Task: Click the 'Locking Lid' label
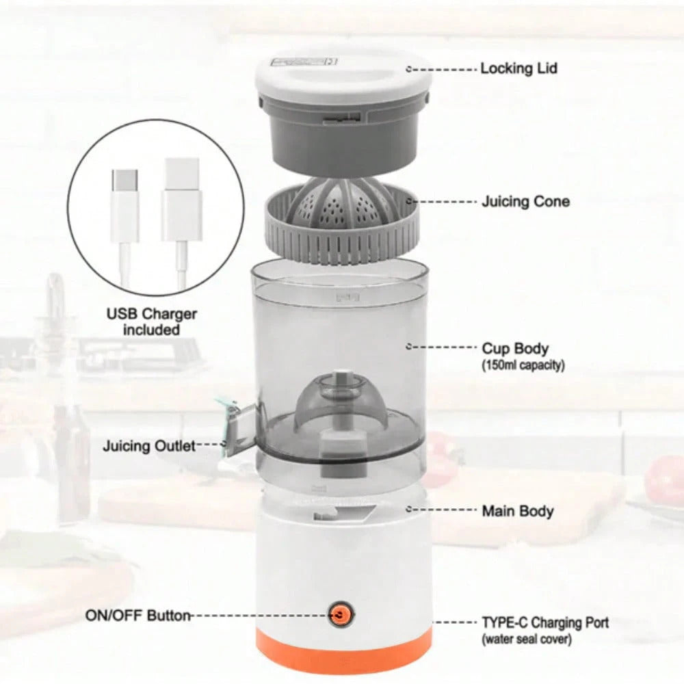pos(518,68)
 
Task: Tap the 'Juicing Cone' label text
pos(525,202)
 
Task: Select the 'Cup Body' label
pos(515,349)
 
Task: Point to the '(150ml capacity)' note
pos(523,365)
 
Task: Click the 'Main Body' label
pos(518,511)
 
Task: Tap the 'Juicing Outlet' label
pos(149,446)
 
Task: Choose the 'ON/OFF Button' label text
pos(138,616)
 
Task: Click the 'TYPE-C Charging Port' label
pos(545,622)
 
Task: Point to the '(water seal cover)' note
pos(527,640)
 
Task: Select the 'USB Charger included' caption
pos(151,321)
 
